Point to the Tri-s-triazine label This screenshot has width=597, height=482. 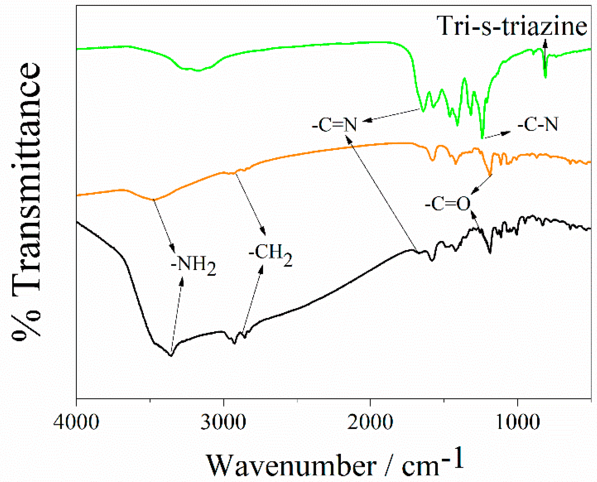coord(512,26)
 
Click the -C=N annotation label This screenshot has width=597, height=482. coord(334,125)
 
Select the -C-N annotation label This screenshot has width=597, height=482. coord(538,124)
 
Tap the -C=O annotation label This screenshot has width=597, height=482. coord(448,204)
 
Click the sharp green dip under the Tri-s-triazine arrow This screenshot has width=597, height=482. coord(545,77)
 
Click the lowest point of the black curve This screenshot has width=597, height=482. coord(171,355)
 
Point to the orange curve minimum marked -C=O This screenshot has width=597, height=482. coord(490,175)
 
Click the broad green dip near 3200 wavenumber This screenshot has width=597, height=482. coord(198,70)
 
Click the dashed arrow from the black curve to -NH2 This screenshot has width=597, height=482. coord(177,316)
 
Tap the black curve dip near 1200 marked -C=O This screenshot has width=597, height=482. coord(490,252)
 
